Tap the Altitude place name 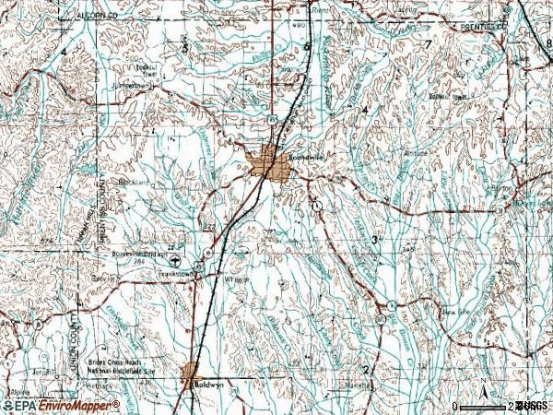pos(417,153)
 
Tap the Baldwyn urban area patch pos(191,373)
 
